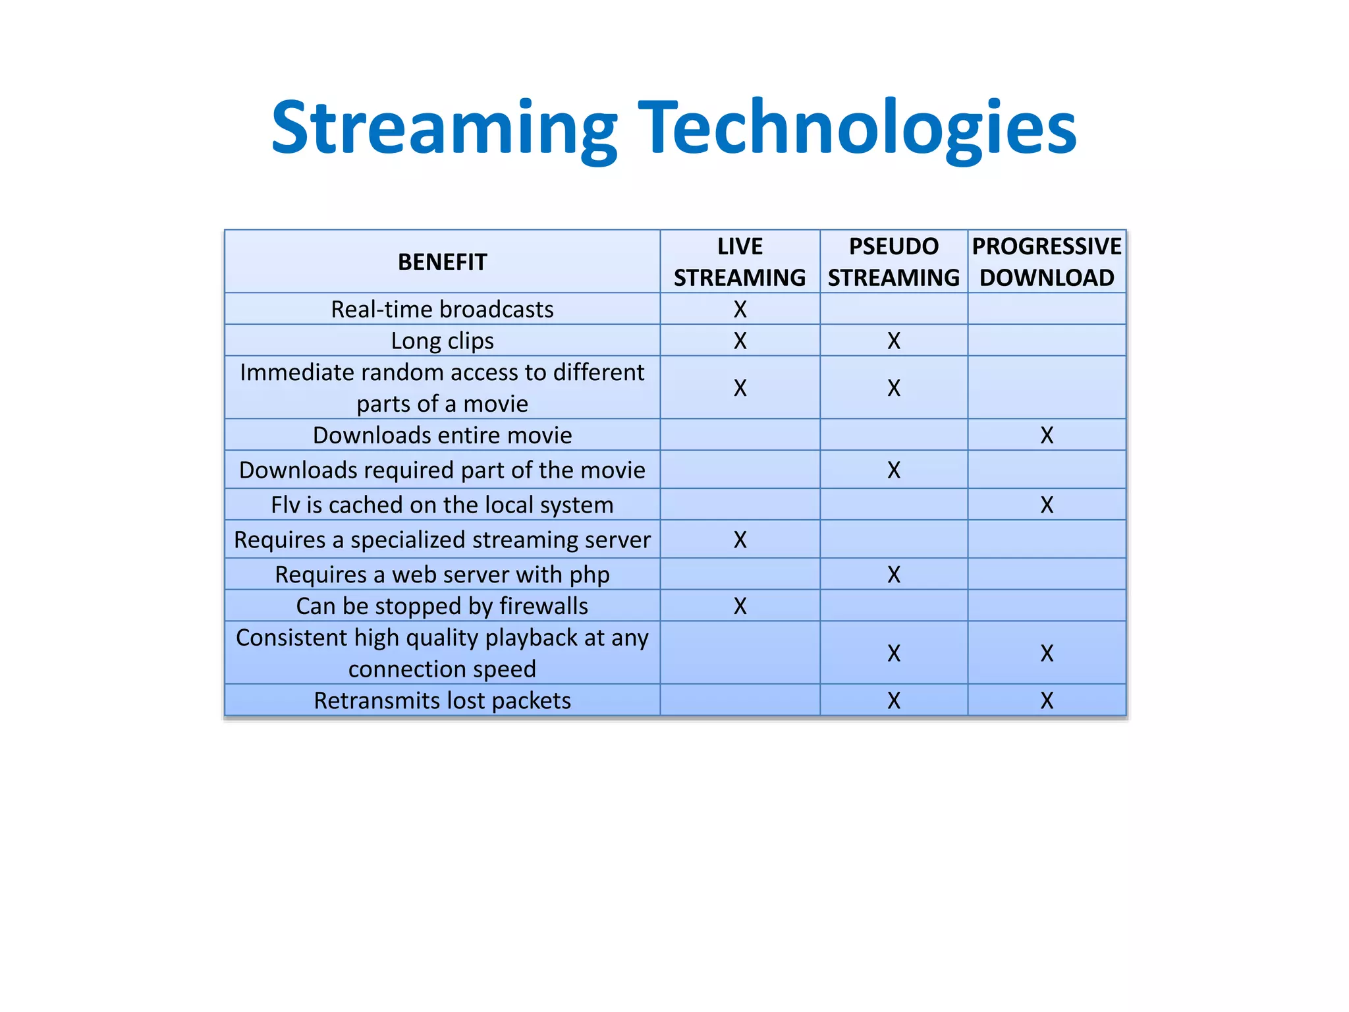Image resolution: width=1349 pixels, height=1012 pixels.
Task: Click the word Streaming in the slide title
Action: pyautogui.click(x=445, y=128)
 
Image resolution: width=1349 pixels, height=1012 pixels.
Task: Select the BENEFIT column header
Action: pyautogui.click(x=442, y=262)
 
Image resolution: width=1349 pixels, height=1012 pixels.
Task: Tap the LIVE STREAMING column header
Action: pyautogui.click(x=740, y=262)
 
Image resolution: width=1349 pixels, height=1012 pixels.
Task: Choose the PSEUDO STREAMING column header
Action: pyautogui.click(x=893, y=262)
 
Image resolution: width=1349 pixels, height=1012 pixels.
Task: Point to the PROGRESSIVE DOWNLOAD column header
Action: pyautogui.click(x=1047, y=262)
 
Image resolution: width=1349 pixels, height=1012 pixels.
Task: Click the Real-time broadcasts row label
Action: pyautogui.click(x=442, y=309)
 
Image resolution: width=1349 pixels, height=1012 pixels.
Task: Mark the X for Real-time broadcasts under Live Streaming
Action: pyautogui.click(x=740, y=309)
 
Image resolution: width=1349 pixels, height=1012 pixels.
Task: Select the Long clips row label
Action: pyautogui.click(x=442, y=341)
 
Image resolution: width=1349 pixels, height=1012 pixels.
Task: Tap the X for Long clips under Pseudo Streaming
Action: pyautogui.click(x=893, y=341)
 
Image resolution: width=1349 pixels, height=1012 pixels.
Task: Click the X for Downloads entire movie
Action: pyautogui.click(x=1047, y=435)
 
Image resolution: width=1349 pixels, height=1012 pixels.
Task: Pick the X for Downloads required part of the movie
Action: pyautogui.click(x=893, y=470)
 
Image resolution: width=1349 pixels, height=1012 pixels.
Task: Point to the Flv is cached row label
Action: pyautogui.click(x=442, y=505)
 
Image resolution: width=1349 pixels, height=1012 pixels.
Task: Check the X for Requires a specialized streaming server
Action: pyautogui.click(x=740, y=540)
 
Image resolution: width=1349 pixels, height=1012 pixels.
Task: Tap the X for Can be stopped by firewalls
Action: pyautogui.click(x=740, y=605)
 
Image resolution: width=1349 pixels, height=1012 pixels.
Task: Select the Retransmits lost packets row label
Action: pyautogui.click(x=442, y=700)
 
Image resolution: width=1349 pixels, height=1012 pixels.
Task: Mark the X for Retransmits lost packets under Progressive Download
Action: pyautogui.click(x=1047, y=700)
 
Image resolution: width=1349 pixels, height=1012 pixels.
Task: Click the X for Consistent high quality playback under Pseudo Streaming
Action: pyautogui.click(x=893, y=653)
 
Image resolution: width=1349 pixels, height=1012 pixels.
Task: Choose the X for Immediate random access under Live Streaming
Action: pyautogui.click(x=740, y=388)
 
